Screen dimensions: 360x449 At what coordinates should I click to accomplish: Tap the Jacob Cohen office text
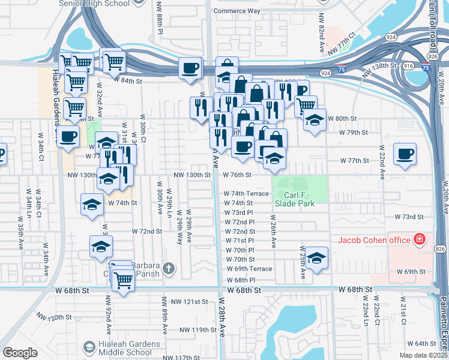tap(373, 241)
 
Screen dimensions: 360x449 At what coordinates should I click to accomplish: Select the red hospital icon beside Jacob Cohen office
tap(420, 241)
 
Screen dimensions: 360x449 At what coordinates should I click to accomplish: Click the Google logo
tap(20, 352)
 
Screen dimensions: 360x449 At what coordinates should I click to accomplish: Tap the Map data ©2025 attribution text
tap(423, 355)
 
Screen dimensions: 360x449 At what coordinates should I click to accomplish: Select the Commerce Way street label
tap(237, 11)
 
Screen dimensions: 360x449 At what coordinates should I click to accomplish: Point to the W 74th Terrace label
tap(246, 194)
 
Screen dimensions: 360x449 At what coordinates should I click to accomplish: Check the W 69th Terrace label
tap(249, 269)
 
